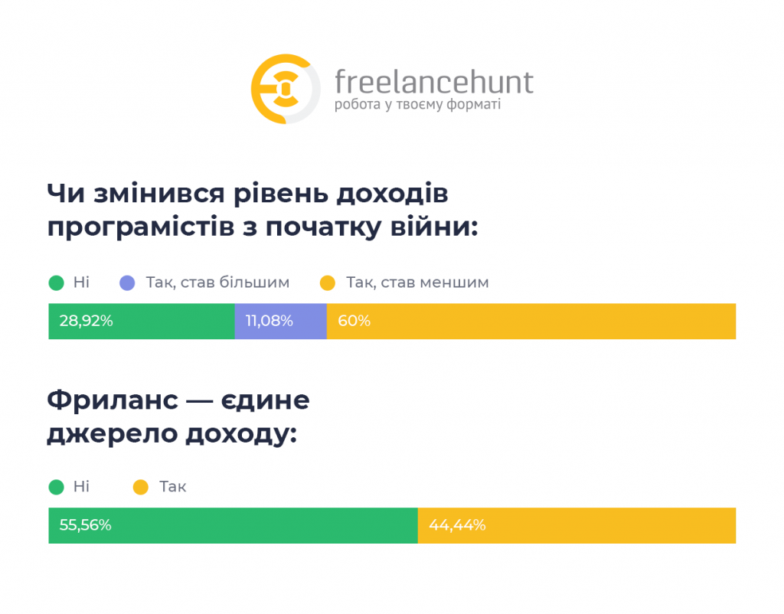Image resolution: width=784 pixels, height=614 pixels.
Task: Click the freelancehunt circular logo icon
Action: (286, 89)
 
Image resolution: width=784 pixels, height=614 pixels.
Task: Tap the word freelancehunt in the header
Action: (434, 82)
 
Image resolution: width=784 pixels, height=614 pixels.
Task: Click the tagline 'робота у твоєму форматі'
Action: (417, 105)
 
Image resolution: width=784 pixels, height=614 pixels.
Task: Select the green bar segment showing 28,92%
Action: (142, 321)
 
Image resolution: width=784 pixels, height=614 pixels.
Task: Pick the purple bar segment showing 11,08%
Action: (280, 321)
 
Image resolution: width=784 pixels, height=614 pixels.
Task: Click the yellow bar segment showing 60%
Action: (531, 321)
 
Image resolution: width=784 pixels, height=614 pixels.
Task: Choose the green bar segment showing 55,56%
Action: (233, 525)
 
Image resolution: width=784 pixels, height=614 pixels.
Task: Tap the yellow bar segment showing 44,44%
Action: (577, 525)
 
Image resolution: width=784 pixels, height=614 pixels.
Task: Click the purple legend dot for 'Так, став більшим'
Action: (128, 283)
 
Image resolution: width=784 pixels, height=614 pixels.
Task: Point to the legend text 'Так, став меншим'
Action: (417, 283)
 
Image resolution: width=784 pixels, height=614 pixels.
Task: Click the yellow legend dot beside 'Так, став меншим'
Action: (328, 283)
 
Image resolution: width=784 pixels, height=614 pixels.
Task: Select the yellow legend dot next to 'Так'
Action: (141, 487)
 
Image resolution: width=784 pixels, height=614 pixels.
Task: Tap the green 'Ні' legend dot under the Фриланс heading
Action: (57, 487)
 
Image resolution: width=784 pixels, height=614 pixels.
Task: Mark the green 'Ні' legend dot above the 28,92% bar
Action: (57, 283)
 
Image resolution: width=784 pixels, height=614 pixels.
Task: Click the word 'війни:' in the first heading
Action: (434, 227)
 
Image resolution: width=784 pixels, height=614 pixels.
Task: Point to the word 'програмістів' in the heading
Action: (141, 228)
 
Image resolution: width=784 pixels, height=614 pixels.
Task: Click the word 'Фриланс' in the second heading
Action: (113, 400)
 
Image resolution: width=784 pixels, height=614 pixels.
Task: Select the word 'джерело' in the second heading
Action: (113, 433)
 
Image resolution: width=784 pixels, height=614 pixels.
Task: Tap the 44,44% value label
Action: (457, 525)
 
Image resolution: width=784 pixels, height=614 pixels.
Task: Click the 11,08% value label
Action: (269, 321)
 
